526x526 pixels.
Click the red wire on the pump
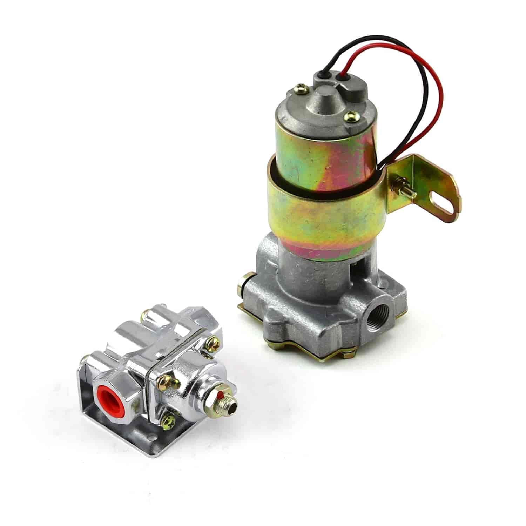[440, 88]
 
